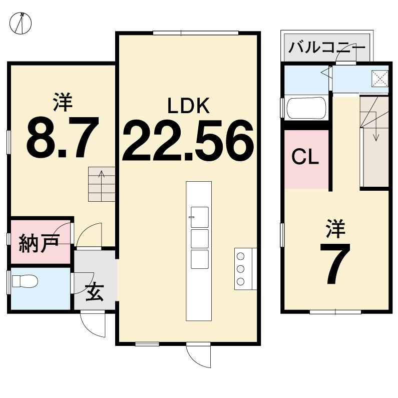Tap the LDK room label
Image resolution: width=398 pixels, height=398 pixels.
188,106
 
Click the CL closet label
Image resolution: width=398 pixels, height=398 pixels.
305,158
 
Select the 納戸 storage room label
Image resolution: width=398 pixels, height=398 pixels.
39,243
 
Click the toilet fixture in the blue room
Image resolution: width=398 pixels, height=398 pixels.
25,281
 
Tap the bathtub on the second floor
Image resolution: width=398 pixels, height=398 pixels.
306,108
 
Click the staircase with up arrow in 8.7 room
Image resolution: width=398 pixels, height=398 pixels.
102,184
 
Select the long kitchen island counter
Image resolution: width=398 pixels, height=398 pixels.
199,250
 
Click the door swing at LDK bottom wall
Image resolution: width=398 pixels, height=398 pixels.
198,355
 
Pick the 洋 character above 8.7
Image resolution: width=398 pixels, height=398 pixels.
62,102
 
